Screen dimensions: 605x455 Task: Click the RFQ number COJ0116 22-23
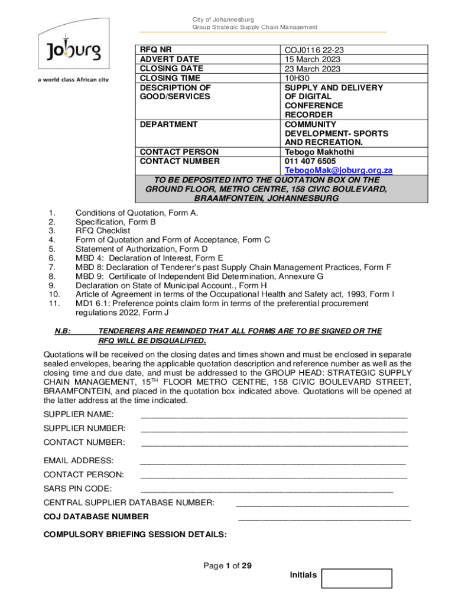(314, 50)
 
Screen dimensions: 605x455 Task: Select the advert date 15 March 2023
(312, 59)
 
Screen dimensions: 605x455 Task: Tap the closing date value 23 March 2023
(312, 69)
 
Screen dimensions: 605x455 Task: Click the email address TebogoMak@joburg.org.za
(338, 170)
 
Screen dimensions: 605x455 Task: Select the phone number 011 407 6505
(310, 161)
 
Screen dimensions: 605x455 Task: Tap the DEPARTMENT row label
(168, 125)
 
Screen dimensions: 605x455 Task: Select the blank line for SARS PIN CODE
(267, 490)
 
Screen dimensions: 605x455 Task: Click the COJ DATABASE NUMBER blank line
(324, 519)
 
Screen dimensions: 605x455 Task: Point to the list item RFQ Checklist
(103, 230)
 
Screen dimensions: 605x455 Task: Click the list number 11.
(53, 303)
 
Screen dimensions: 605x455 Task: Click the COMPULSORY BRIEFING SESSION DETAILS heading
(135, 535)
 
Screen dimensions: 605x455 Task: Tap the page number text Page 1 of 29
(227, 566)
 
